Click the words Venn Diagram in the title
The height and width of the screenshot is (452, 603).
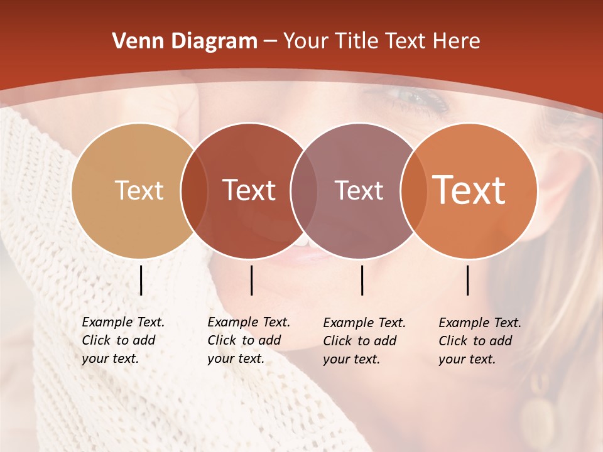[184, 41]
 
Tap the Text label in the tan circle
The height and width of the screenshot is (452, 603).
[139, 190]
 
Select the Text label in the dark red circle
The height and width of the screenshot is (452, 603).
[249, 190]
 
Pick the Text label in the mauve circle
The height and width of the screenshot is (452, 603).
[359, 190]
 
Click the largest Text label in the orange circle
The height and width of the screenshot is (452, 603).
[469, 190]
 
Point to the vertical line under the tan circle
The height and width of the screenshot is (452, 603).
[141, 280]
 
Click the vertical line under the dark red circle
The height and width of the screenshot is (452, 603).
[251, 280]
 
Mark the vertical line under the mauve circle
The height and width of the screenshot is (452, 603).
[362, 280]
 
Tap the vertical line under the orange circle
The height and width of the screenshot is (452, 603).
[468, 280]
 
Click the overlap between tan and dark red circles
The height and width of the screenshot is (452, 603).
[195, 191]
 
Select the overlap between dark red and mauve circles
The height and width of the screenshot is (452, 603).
[304, 191]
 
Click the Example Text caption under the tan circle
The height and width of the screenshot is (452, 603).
[122, 340]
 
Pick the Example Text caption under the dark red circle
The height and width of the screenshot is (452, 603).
[248, 340]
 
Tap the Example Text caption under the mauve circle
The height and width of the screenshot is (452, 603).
[364, 341]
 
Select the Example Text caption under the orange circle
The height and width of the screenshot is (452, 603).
[479, 341]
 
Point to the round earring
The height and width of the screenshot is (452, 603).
[538, 417]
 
